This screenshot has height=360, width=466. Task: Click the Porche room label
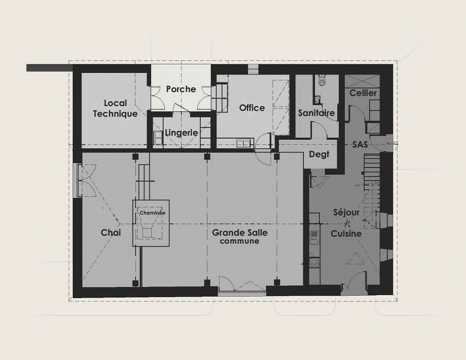pos(181,89)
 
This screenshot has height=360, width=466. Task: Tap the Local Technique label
pos(115,109)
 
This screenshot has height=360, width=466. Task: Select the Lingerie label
pos(181,133)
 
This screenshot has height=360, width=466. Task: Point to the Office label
pos(252,108)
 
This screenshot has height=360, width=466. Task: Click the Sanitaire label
pos(316,113)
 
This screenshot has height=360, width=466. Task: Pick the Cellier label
pos(363,93)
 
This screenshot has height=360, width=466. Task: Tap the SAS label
pos(360,144)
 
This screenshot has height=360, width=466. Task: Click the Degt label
pos(319,154)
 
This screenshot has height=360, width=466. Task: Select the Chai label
pos(111,232)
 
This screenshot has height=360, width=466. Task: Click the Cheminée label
pos(153,213)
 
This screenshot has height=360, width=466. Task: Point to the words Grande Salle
pos(240,232)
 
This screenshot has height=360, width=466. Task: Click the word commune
pos(239,241)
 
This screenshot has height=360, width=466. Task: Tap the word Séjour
pos(346,213)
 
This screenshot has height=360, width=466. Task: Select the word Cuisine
pos(346,233)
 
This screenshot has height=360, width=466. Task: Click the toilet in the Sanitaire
pos(322,80)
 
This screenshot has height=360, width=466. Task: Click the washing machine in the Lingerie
pos(158,138)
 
